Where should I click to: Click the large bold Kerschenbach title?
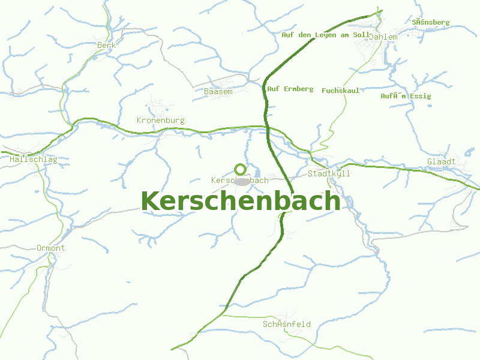(x=241, y=202)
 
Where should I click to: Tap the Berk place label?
(x=106, y=44)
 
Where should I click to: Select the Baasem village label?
(x=218, y=91)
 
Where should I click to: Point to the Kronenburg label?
(x=160, y=120)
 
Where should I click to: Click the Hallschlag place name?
(x=34, y=160)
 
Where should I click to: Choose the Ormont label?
(x=50, y=248)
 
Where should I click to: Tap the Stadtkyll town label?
(x=329, y=173)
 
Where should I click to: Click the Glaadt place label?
(x=441, y=161)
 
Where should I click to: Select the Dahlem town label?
(x=383, y=37)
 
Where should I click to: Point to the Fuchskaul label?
(x=341, y=91)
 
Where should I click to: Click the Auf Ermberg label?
(x=290, y=89)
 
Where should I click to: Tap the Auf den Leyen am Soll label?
(x=326, y=35)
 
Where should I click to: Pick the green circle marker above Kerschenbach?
(x=240, y=169)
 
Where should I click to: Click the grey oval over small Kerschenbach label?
(x=242, y=181)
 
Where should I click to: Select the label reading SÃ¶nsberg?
(x=431, y=22)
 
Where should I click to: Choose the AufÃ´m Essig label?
(x=406, y=96)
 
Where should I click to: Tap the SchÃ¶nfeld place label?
(x=287, y=324)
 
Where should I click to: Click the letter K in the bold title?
(x=151, y=202)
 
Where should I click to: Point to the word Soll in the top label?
(x=362, y=35)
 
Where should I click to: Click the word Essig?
(x=421, y=96)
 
